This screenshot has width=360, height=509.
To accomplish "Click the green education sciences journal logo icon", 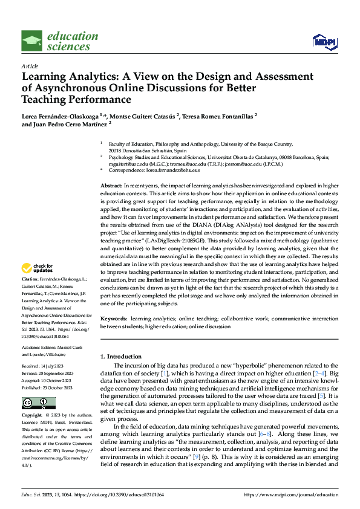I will (32, 42).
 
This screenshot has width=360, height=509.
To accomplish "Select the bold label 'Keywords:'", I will (114, 318).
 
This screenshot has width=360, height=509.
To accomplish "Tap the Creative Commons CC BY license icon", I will (38, 403).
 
